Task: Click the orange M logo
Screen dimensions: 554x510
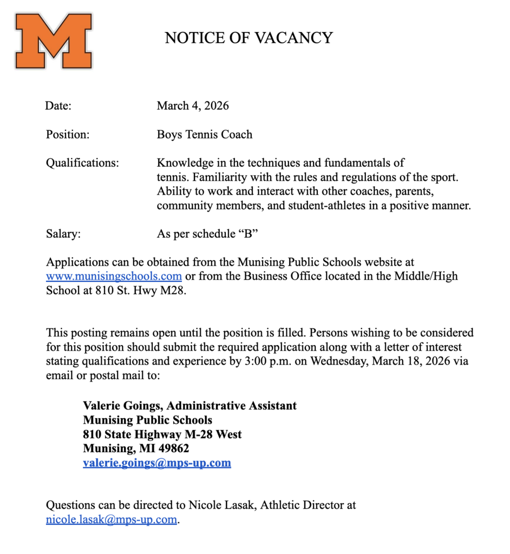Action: pyautogui.click(x=53, y=41)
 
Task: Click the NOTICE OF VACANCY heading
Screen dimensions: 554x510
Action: pyautogui.click(x=249, y=38)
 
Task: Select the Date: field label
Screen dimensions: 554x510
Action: pyautogui.click(x=58, y=106)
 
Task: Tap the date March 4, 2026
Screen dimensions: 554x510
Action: pyautogui.click(x=193, y=106)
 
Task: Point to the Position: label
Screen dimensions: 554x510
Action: pyautogui.click(x=68, y=135)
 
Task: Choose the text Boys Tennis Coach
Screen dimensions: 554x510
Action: pyautogui.click(x=205, y=135)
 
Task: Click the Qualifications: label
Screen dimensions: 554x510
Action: pyautogui.click(x=82, y=163)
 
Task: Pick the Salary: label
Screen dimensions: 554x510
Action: pyautogui.click(x=63, y=234)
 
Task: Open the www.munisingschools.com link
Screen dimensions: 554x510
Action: pyautogui.click(x=114, y=276)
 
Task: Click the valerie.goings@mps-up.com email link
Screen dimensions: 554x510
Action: pyautogui.click(x=157, y=463)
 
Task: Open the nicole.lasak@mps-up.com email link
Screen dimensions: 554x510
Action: pyautogui.click(x=112, y=520)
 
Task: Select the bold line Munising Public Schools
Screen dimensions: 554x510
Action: pyautogui.click(x=147, y=420)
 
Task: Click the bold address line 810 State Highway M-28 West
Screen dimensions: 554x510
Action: pyautogui.click(x=162, y=434)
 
